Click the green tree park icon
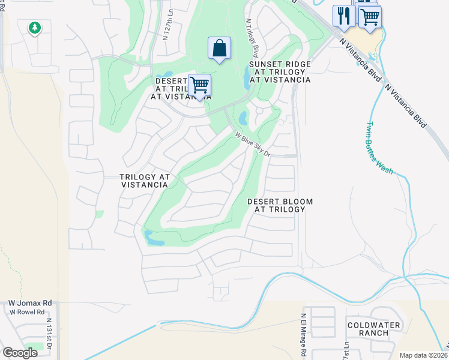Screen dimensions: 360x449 [x=35, y=27]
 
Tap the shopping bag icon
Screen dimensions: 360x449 [x=220, y=48]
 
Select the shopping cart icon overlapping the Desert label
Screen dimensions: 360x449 [x=199, y=85]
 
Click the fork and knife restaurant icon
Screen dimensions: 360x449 [x=343, y=15]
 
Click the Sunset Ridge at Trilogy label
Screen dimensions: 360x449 [x=280, y=71]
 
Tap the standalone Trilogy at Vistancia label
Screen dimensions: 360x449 [x=144, y=181]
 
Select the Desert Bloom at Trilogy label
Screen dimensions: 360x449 [x=280, y=205]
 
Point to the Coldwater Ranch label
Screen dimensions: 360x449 [x=373, y=329]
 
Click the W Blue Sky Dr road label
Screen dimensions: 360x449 [x=253, y=145]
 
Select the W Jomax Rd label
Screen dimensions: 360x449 [x=29, y=304]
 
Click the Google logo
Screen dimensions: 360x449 [x=19, y=353]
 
